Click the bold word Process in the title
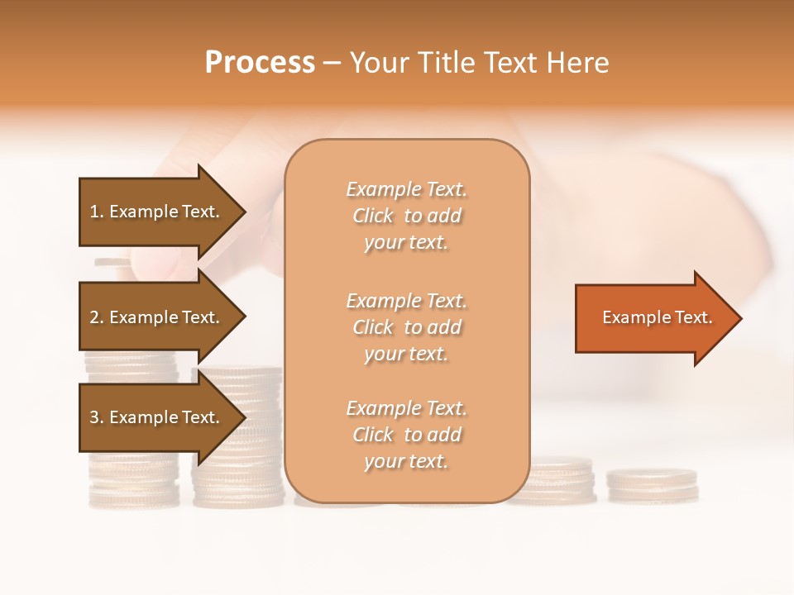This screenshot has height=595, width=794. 260,63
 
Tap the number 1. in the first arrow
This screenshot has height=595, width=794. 97,212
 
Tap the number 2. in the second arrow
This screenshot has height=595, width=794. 97,317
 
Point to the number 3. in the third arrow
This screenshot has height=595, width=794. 97,417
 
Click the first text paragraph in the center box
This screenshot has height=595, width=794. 406,216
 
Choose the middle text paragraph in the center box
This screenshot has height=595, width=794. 406,327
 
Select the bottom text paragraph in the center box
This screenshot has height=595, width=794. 406,435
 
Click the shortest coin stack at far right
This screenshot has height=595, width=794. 653,486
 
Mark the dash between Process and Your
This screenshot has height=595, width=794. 332,63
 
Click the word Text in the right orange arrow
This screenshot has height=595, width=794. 696,317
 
